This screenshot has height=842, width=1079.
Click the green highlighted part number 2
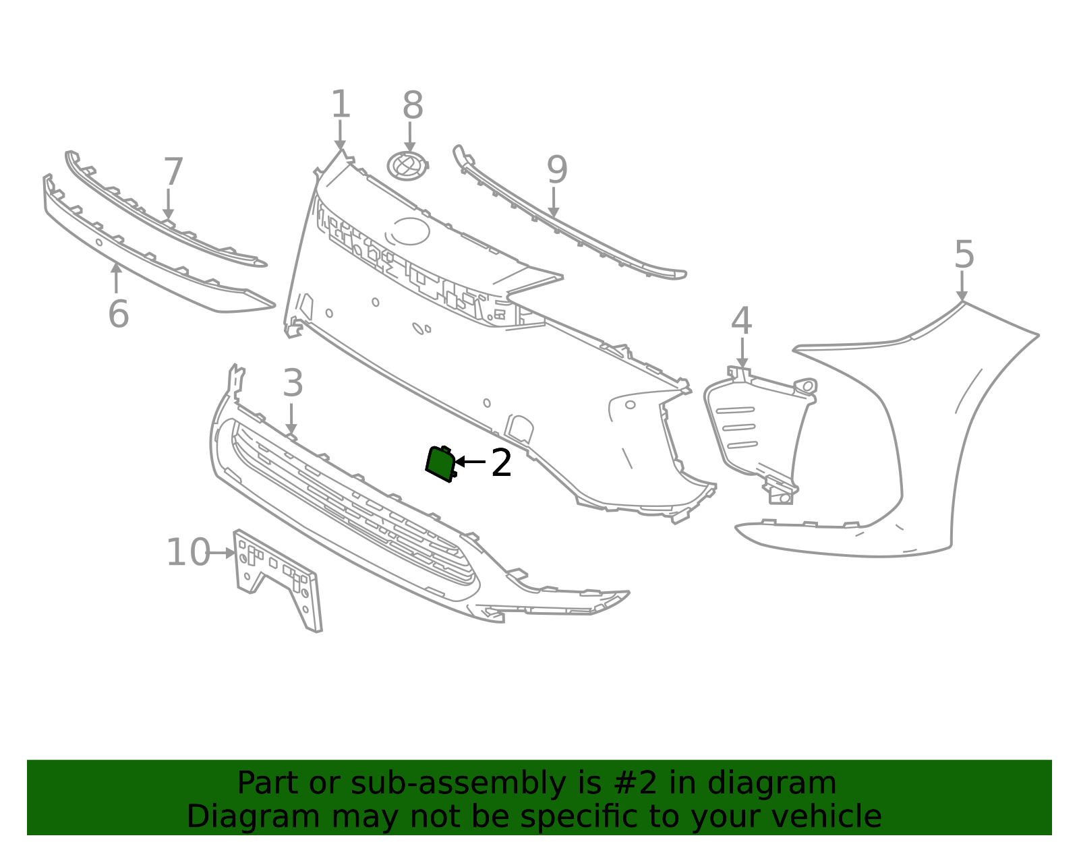440,463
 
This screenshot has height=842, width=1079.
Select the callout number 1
340,104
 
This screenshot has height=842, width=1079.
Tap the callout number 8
413,105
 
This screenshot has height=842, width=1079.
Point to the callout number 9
556,170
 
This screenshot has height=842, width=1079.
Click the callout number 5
964,255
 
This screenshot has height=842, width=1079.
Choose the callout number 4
741,321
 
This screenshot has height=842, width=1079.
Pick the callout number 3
293,383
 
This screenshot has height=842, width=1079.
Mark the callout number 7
173,172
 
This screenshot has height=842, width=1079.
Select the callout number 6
119,314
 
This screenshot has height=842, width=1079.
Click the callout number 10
189,552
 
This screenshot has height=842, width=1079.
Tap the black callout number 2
501,463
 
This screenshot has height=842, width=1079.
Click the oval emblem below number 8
408,166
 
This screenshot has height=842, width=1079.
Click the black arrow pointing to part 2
470,462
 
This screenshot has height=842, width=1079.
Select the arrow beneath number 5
962,286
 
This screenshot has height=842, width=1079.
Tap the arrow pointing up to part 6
116,278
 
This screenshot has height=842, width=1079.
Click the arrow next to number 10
223,552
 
